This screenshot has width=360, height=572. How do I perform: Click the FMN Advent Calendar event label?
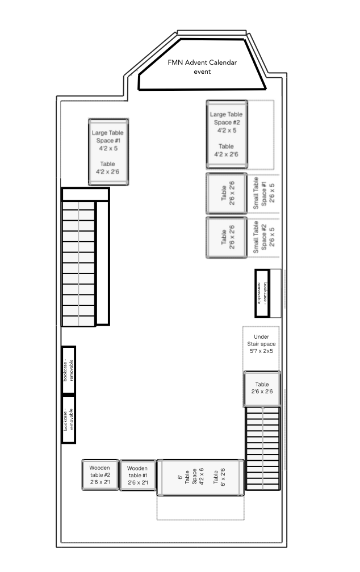click(202, 67)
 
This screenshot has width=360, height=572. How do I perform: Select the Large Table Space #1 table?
click(108, 152)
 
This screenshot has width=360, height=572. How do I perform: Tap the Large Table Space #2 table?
click(227, 134)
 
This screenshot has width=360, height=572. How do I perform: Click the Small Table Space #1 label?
click(263, 193)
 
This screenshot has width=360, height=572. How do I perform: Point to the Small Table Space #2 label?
click(263, 237)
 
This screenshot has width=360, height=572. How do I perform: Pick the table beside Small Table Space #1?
click(227, 193)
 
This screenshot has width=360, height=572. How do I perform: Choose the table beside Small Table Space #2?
click(227, 237)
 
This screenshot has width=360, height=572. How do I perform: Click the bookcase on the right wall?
click(262, 293)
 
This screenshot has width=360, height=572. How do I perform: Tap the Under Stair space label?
click(261, 344)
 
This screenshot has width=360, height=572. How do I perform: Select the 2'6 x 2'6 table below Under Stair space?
click(262, 389)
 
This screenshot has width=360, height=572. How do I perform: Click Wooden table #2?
click(100, 474)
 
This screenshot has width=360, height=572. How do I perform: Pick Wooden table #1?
click(137, 475)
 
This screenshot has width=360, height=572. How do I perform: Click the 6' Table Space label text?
click(191, 477)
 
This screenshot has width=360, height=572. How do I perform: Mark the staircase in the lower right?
click(263, 448)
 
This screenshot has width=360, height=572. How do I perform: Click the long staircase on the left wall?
click(85, 256)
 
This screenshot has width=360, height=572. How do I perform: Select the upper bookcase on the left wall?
click(68, 370)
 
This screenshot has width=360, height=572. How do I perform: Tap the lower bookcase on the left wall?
click(68, 419)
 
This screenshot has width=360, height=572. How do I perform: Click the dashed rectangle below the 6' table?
click(200, 507)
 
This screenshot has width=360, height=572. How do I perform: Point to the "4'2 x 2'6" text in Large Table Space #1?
click(108, 172)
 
